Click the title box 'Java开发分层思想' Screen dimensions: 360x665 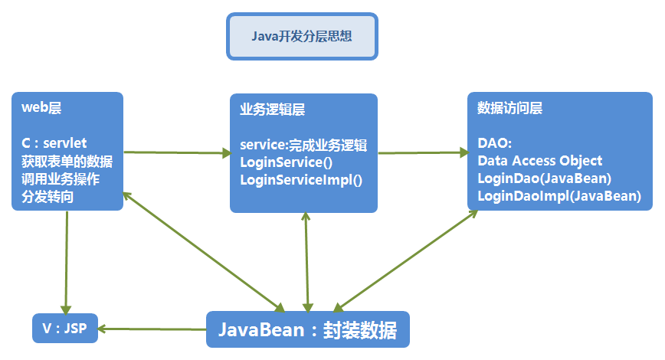point(302,36)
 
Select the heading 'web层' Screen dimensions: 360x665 point(41,109)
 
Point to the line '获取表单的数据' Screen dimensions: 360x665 point(67,162)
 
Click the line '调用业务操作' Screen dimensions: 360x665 point(61,180)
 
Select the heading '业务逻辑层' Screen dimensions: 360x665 point(272,110)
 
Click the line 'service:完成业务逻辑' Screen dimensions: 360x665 point(303,145)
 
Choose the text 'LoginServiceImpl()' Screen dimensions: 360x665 point(301,180)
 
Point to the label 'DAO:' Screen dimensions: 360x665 point(494,143)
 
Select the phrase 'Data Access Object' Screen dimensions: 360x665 point(539,161)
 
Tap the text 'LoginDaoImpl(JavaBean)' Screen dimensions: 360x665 point(559,196)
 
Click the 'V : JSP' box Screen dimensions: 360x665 point(65,329)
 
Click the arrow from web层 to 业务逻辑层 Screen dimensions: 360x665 point(176,153)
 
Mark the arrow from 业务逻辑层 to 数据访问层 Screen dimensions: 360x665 point(422,153)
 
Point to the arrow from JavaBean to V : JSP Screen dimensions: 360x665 point(153,329)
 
